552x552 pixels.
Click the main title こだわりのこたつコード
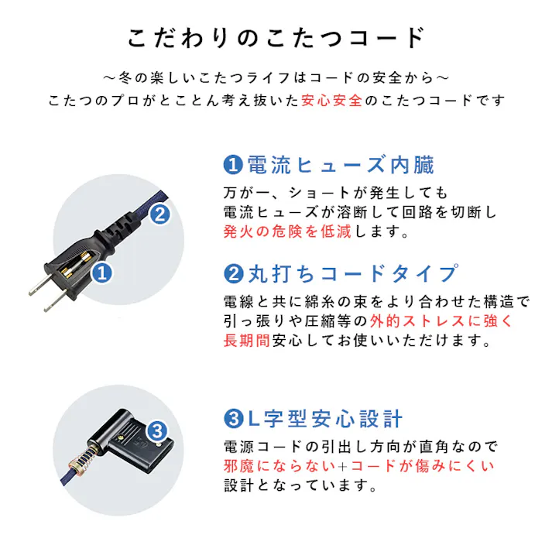(x=276, y=38)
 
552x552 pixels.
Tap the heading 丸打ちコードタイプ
(x=351, y=273)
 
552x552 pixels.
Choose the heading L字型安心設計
(x=324, y=420)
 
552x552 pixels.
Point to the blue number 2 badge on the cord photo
(x=159, y=214)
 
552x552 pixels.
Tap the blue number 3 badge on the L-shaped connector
(x=156, y=430)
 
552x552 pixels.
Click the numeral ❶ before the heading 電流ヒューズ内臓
(x=232, y=165)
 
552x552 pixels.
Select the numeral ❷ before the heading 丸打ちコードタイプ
(x=232, y=273)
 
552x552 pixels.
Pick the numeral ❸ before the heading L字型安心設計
(x=232, y=420)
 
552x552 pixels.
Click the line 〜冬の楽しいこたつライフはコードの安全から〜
(x=276, y=78)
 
